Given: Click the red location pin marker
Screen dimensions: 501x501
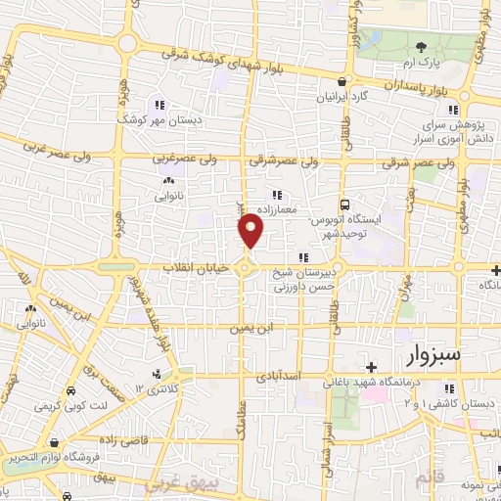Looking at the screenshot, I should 251,232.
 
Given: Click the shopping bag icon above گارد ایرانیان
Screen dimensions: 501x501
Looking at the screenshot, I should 339,82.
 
